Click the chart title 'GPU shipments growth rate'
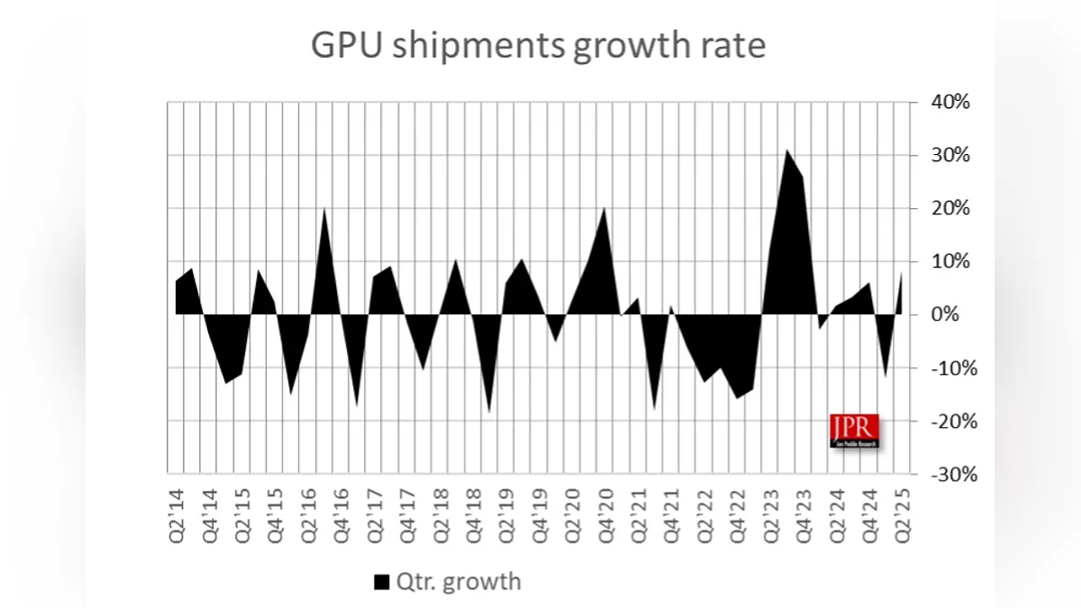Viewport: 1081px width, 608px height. point(539,45)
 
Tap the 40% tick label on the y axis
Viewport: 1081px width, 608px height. point(949,103)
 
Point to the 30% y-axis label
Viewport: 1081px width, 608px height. point(949,156)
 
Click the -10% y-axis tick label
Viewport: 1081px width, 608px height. point(947,368)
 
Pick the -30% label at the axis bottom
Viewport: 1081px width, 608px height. point(947,474)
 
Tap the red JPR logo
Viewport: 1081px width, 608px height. point(853,431)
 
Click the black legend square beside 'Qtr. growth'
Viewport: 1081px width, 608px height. point(382,582)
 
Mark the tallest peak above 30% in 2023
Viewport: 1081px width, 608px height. point(786,150)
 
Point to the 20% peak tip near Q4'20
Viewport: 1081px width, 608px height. point(604,208)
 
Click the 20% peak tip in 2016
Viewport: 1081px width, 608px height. point(324,209)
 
